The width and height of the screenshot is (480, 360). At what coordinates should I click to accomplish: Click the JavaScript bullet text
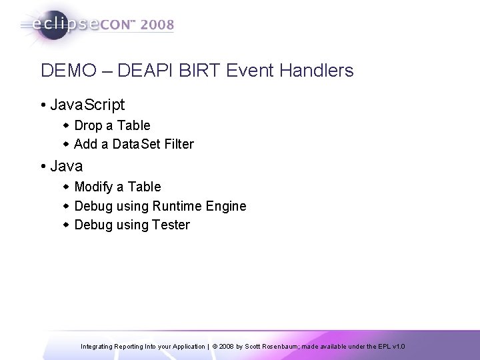pyautogui.click(x=86, y=105)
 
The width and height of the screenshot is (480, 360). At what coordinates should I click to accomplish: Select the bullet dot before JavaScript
pyautogui.click(x=43, y=105)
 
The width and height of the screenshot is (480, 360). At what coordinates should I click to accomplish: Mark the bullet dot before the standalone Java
pyautogui.click(x=43, y=166)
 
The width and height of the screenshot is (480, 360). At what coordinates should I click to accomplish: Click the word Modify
pyautogui.click(x=94, y=187)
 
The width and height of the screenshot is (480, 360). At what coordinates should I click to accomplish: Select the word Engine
pyautogui.click(x=228, y=206)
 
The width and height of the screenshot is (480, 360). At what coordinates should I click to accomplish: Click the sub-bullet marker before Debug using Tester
pyautogui.click(x=67, y=225)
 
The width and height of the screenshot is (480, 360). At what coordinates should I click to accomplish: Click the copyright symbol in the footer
pyautogui.click(x=215, y=347)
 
